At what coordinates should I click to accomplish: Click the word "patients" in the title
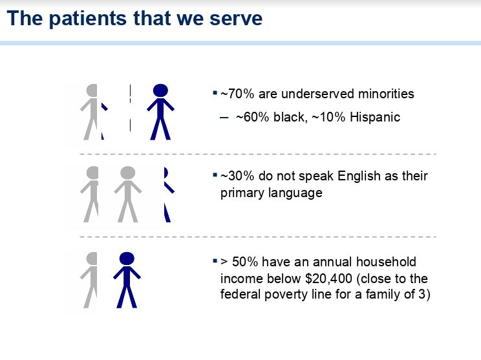click(x=87, y=19)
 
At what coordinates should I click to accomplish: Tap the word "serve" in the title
click(x=236, y=19)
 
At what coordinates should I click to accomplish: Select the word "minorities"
click(x=386, y=94)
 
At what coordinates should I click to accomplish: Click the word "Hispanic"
click(x=375, y=117)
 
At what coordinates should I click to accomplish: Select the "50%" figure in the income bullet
click(x=245, y=262)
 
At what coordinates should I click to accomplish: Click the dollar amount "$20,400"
click(x=328, y=279)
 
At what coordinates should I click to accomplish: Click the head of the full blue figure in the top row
click(x=160, y=90)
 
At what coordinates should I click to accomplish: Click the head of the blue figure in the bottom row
click(x=127, y=259)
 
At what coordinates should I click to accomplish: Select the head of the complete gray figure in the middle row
click(x=127, y=173)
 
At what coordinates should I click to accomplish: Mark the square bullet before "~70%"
click(x=215, y=92)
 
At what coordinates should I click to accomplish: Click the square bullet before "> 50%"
click(x=215, y=261)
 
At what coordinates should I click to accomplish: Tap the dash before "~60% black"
click(x=224, y=118)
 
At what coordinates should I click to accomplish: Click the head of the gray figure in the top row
click(x=92, y=90)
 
